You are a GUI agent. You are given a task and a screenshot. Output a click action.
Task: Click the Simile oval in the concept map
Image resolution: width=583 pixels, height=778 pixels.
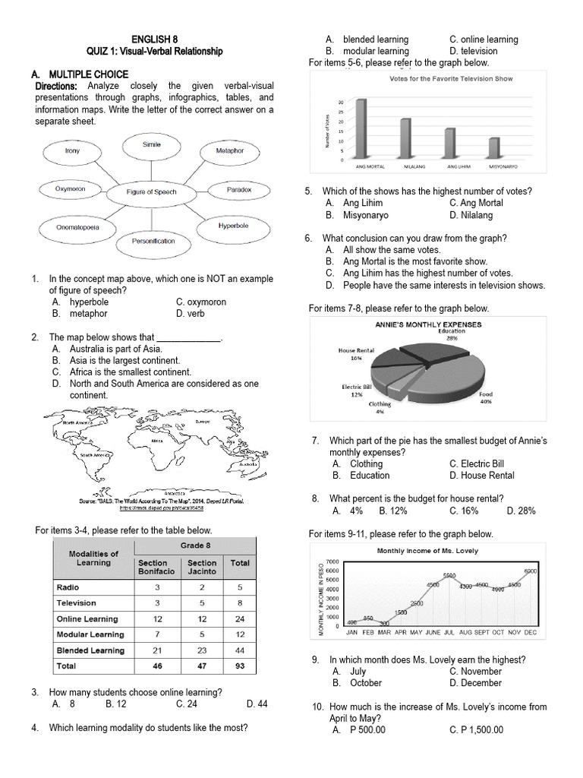pos(151,145)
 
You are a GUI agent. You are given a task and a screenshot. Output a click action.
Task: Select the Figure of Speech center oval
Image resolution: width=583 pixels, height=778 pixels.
pos(151,192)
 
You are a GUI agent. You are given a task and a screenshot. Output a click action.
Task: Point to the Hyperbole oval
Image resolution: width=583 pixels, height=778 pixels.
pos(228,226)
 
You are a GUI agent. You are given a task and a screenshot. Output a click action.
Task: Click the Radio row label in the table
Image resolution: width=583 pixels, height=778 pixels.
pos(68,587)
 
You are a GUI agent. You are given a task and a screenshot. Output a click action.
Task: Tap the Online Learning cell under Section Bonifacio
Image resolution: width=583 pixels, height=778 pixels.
pos(156,619)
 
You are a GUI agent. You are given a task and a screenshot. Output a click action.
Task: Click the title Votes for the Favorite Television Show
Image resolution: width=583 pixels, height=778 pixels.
pos(450,79)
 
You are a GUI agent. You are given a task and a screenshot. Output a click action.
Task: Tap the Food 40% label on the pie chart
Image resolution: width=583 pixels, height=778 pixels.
pos(486,397)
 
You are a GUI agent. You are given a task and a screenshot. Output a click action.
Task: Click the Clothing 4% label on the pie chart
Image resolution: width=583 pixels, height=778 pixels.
pos(380,407)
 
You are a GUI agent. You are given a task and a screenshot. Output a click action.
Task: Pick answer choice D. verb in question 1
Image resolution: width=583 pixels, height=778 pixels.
pos(190,313)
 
